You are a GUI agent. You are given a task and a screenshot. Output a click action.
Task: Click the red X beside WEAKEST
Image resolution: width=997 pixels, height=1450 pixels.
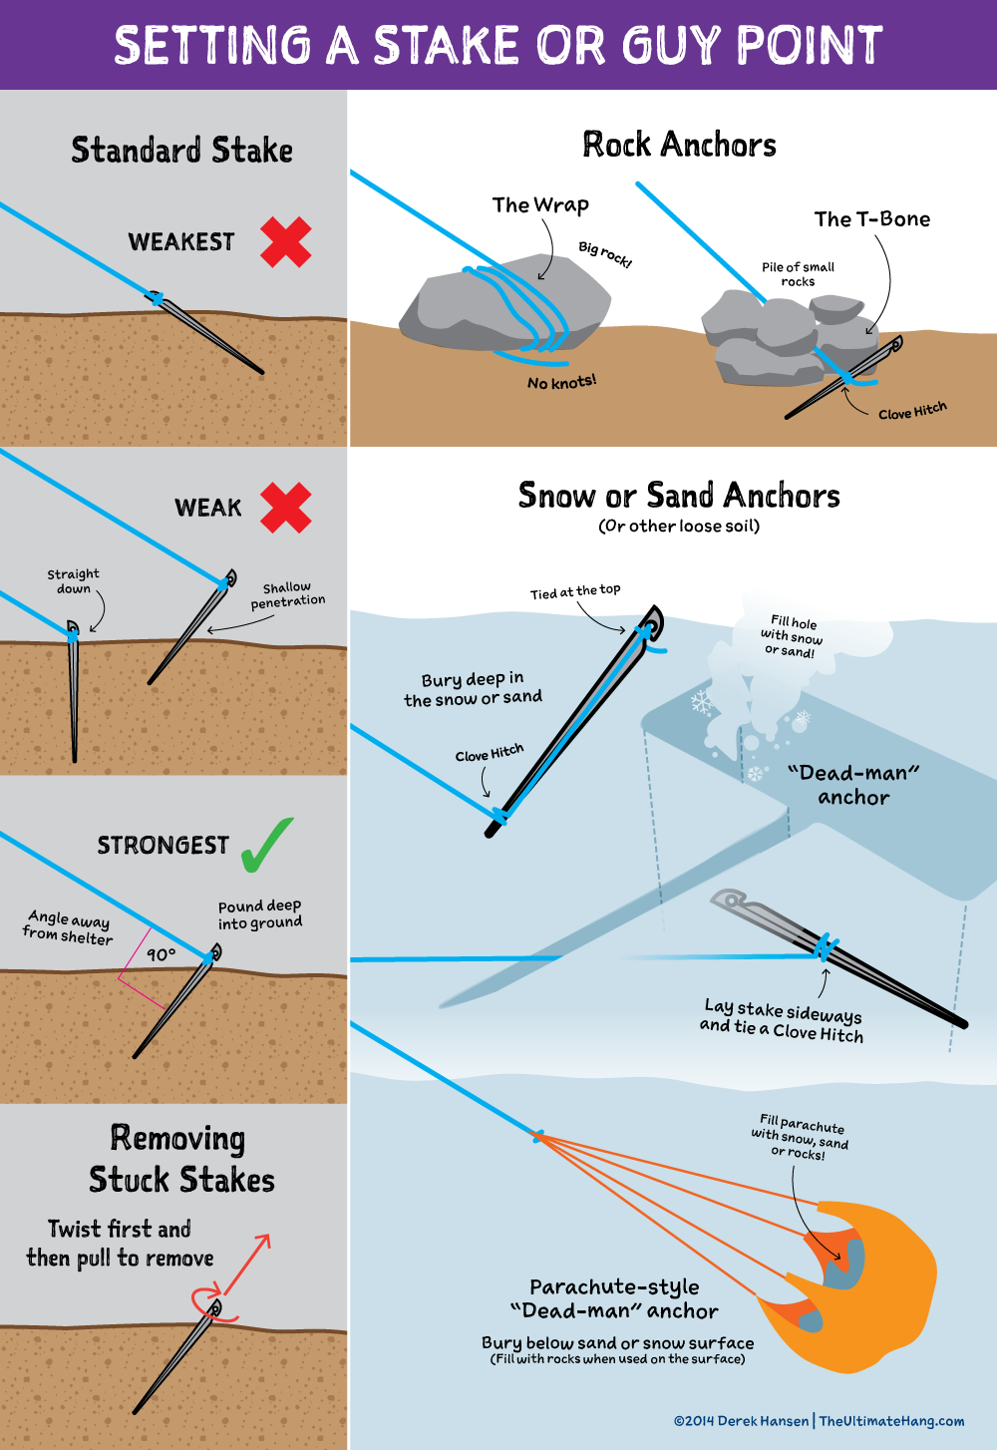[x=286, y=242]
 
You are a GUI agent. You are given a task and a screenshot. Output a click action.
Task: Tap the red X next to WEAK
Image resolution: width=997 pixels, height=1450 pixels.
[x=286, y=507]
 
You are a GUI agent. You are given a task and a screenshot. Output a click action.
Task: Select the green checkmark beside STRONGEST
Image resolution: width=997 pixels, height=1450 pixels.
[x=267, y=845]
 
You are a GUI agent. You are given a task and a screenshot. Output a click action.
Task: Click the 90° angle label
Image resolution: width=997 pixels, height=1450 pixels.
[x=161, y=954]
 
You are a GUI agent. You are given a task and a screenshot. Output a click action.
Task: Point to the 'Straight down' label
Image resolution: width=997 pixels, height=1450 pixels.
[x=73, y=581]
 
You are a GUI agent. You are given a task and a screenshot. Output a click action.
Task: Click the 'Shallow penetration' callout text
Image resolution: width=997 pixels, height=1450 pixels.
[x=287, y=594]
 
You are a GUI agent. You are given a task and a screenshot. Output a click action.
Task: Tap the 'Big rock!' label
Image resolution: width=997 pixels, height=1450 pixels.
[x=605, y=254]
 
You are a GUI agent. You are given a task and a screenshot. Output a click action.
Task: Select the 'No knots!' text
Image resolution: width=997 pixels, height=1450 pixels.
[x=561, y=382]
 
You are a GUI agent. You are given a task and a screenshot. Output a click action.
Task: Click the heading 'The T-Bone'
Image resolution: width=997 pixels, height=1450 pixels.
[x=871, y=219]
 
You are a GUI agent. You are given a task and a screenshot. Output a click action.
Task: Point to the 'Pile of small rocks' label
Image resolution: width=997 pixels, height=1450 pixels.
[x=798, y=274]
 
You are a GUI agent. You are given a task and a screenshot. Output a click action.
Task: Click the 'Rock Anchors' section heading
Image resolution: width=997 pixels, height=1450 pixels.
[x=679, y=146]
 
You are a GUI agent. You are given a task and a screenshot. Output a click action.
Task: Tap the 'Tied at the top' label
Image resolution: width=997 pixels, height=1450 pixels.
[x=575, y=591]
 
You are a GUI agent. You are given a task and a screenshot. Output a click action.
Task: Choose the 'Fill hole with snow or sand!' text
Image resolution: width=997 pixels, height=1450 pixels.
[x=793, y=636]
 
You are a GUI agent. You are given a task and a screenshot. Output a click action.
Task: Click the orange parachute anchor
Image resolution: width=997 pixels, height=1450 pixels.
[x=857, y=1286]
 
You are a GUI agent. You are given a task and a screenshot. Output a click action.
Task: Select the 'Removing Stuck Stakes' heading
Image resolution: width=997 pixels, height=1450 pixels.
[x=180, y=1159]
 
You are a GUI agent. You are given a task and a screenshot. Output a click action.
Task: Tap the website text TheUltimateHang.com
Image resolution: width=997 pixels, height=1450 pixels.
[x=891, y=1421]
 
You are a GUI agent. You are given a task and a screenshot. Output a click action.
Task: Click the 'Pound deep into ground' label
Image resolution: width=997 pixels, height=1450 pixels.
[x=259, y=914]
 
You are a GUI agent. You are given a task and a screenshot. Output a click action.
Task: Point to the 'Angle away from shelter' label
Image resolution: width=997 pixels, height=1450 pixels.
[x=68, y=926]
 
